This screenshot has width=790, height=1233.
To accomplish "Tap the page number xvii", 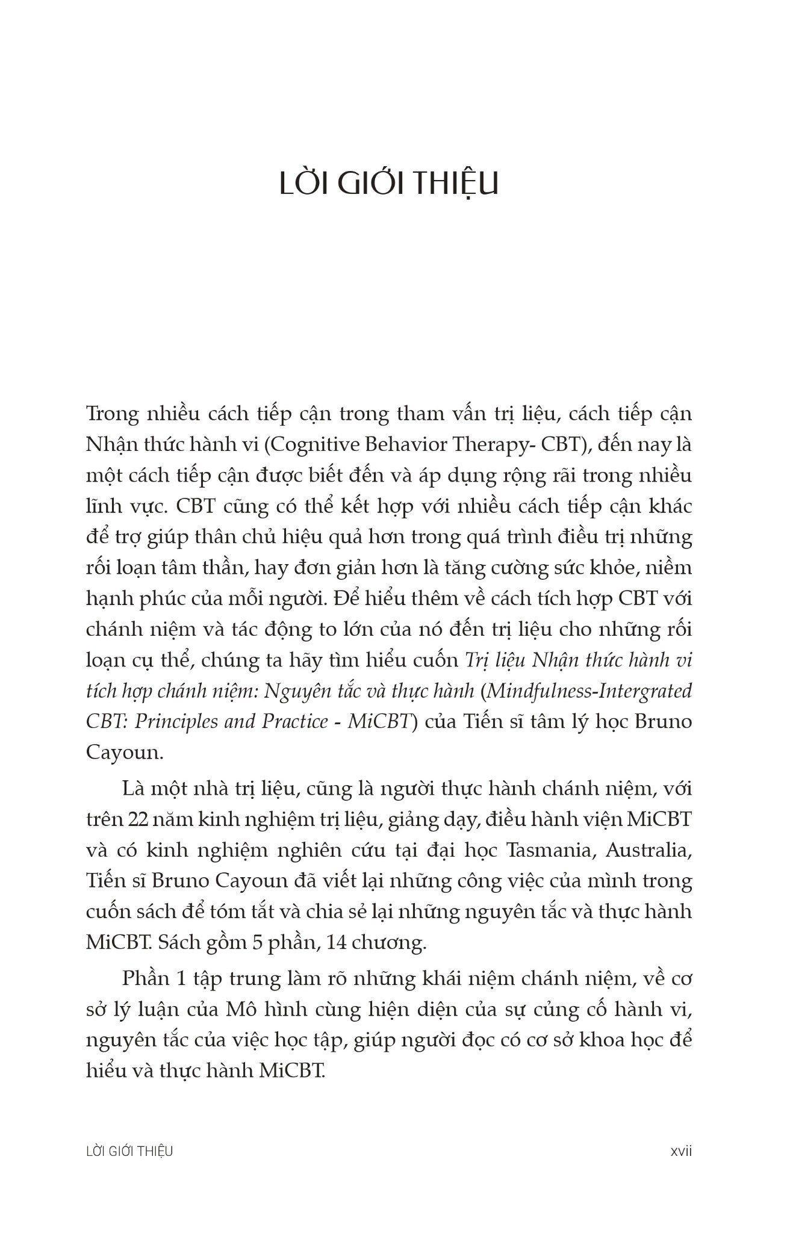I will [681, 1151].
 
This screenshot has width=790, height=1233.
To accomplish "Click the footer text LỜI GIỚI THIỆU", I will [129, 1151].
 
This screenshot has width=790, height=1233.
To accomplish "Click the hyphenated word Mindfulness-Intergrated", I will [588, 691].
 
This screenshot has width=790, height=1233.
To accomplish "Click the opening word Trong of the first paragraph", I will [114, 414].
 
